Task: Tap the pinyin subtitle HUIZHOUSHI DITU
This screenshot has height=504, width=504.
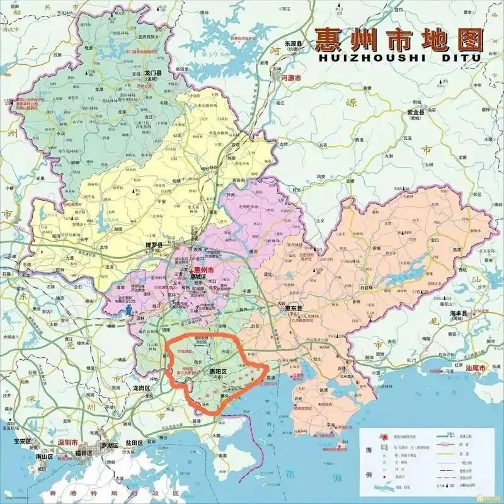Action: coord(397,57)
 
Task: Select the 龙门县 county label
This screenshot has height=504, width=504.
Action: coord(150,73)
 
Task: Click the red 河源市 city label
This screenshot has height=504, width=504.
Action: coord(290,78)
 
